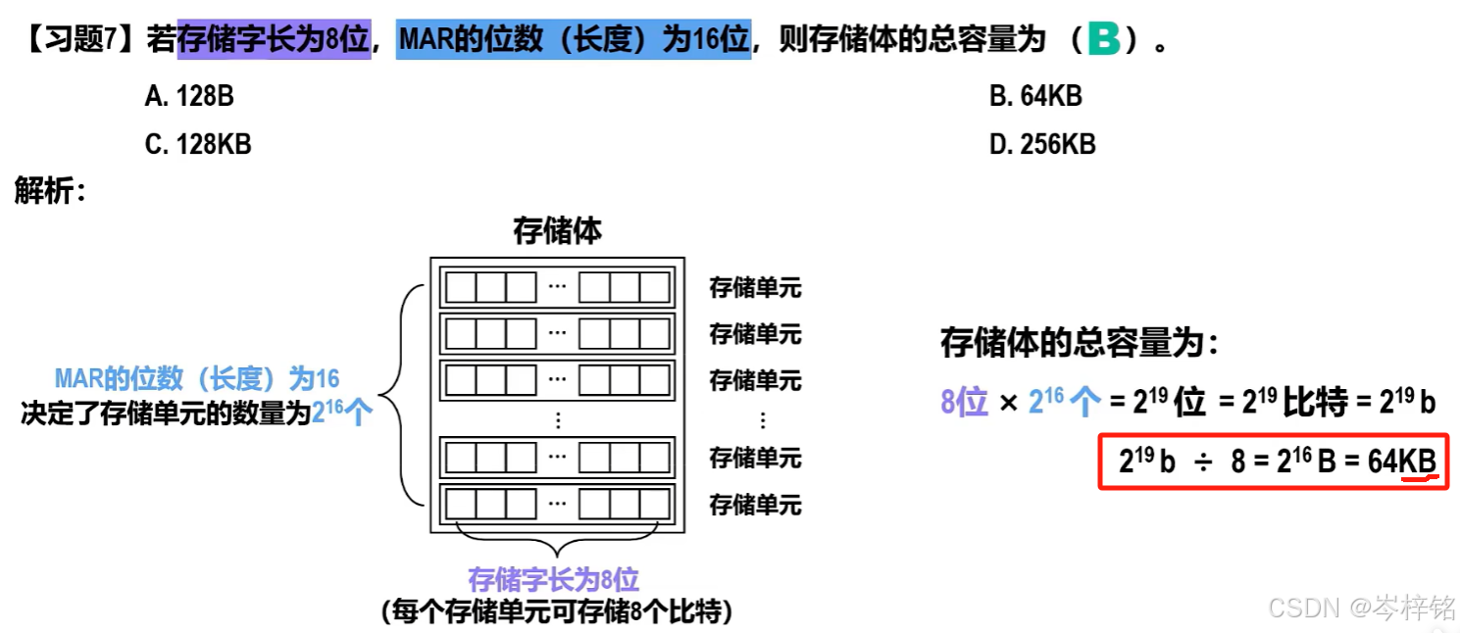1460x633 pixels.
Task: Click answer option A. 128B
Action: coord(189,96)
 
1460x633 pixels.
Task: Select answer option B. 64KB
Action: coord(1035,96)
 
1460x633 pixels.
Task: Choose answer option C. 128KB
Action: coord(198,144)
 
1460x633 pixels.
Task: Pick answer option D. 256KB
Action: coord(1042,144)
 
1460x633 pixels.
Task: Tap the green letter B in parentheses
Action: coord(1103,40)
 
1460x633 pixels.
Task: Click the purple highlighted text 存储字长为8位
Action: coord(274,41)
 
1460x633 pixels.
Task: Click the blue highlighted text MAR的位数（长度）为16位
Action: coord(574,41)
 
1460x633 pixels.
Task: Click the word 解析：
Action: coord(51,191)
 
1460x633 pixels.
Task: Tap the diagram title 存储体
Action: coord(557,231)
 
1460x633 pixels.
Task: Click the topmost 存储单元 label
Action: coord(755,288)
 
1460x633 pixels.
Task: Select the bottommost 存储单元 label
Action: coord(755,505)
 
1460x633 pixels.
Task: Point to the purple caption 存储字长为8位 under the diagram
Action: coord(554,579)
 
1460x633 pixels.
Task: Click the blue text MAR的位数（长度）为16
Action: coord(197,379)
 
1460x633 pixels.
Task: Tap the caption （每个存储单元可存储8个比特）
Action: coord(556,612)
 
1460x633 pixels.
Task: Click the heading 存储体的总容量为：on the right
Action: coord(1080,343)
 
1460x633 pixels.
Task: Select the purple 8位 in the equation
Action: coord(964,403)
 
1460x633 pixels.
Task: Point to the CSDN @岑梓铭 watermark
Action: coord(1361,608)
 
